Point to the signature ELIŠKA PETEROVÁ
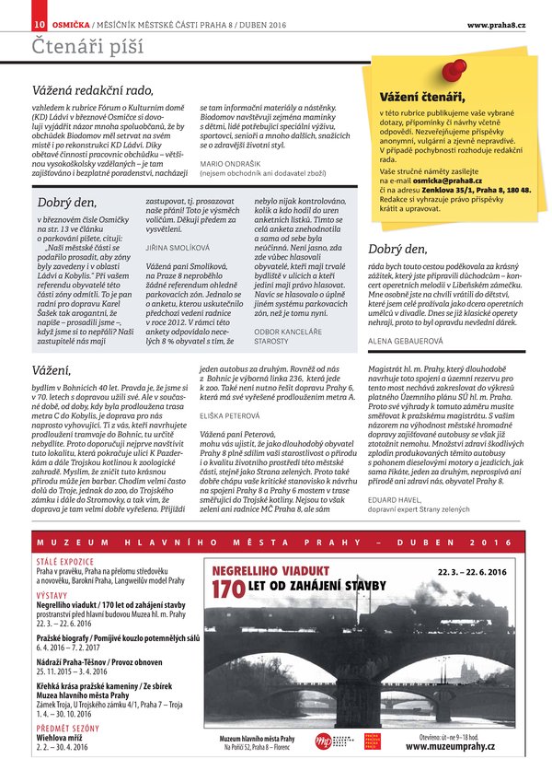pyautogui.click(x=229, y=416)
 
